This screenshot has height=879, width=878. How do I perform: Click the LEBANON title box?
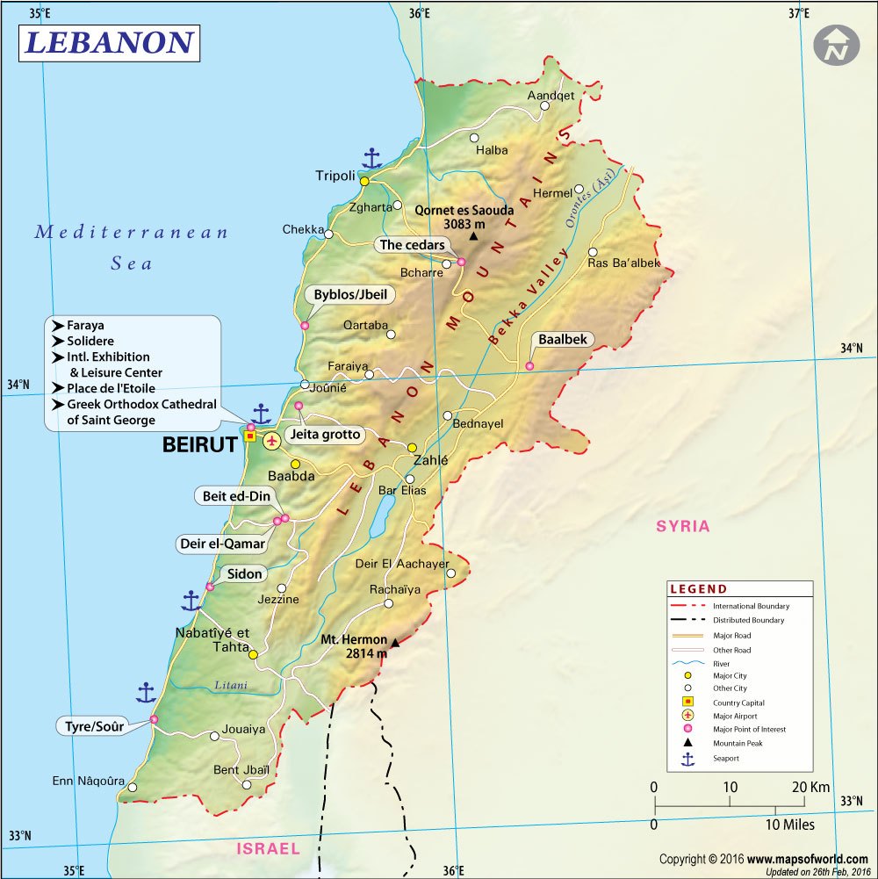tap(109, 43)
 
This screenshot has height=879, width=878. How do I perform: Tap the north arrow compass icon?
tap(836, 46)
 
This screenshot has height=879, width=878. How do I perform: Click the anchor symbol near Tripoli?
tap(372, 159)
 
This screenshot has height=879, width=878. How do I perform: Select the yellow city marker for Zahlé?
tap(412, 448)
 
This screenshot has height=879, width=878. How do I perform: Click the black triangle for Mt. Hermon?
tap(395, 643)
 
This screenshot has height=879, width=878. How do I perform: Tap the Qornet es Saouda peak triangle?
tap(474, 236)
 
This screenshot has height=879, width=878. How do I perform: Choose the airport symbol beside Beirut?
tap(271, 441)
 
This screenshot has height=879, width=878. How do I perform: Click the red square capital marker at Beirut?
tap(249, 436)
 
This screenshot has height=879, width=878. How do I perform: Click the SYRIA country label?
tap(682, 527)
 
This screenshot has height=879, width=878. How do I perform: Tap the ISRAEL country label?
tap(268, 849)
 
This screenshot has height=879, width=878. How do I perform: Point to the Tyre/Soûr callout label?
tap(95, 726)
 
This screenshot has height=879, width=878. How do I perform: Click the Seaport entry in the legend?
tap(725, 758)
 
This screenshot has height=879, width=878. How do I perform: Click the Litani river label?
tap(231, 686)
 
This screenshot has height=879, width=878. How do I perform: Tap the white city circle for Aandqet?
tap(544, 105)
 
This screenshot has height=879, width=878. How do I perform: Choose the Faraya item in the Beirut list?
tap(85, 325)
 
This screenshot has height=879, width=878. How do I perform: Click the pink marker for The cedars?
tap(461, 262)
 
